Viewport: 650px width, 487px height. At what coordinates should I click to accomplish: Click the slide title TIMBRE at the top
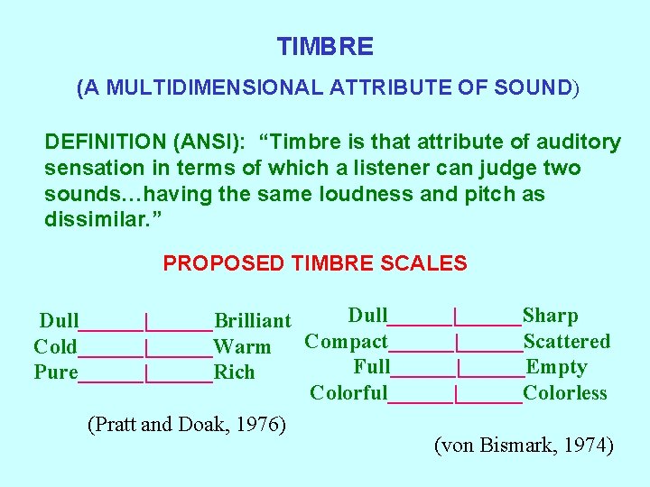[x=325, y=46]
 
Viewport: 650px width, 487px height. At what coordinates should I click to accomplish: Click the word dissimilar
[x=96, y=220]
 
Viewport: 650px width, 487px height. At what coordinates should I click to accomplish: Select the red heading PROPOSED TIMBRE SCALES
[x=314, y=263]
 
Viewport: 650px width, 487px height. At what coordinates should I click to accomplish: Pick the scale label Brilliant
[x=252, y=321]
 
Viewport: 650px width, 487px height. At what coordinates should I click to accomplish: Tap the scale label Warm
[x=242, y=347]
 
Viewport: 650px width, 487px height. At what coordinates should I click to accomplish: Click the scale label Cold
[x=55, y=347]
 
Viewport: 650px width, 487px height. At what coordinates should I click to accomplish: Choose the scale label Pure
[x=55, y=372]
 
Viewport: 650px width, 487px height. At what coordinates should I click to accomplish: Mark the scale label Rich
[x=234, y=372]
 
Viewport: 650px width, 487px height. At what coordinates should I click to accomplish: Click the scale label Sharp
[x=551, y=316]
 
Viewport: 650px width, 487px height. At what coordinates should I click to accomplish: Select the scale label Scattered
[x=567, y=342]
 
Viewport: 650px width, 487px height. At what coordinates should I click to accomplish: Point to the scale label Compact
[x=346, y=342]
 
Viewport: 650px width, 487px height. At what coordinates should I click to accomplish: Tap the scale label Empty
[x=556, y=367]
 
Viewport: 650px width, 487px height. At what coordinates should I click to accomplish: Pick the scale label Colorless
[x=565, y=393]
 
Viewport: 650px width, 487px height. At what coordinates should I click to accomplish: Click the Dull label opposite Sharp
[x=367, y=316]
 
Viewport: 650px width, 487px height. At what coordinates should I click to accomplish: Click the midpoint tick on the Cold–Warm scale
[x=146, y=347]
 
